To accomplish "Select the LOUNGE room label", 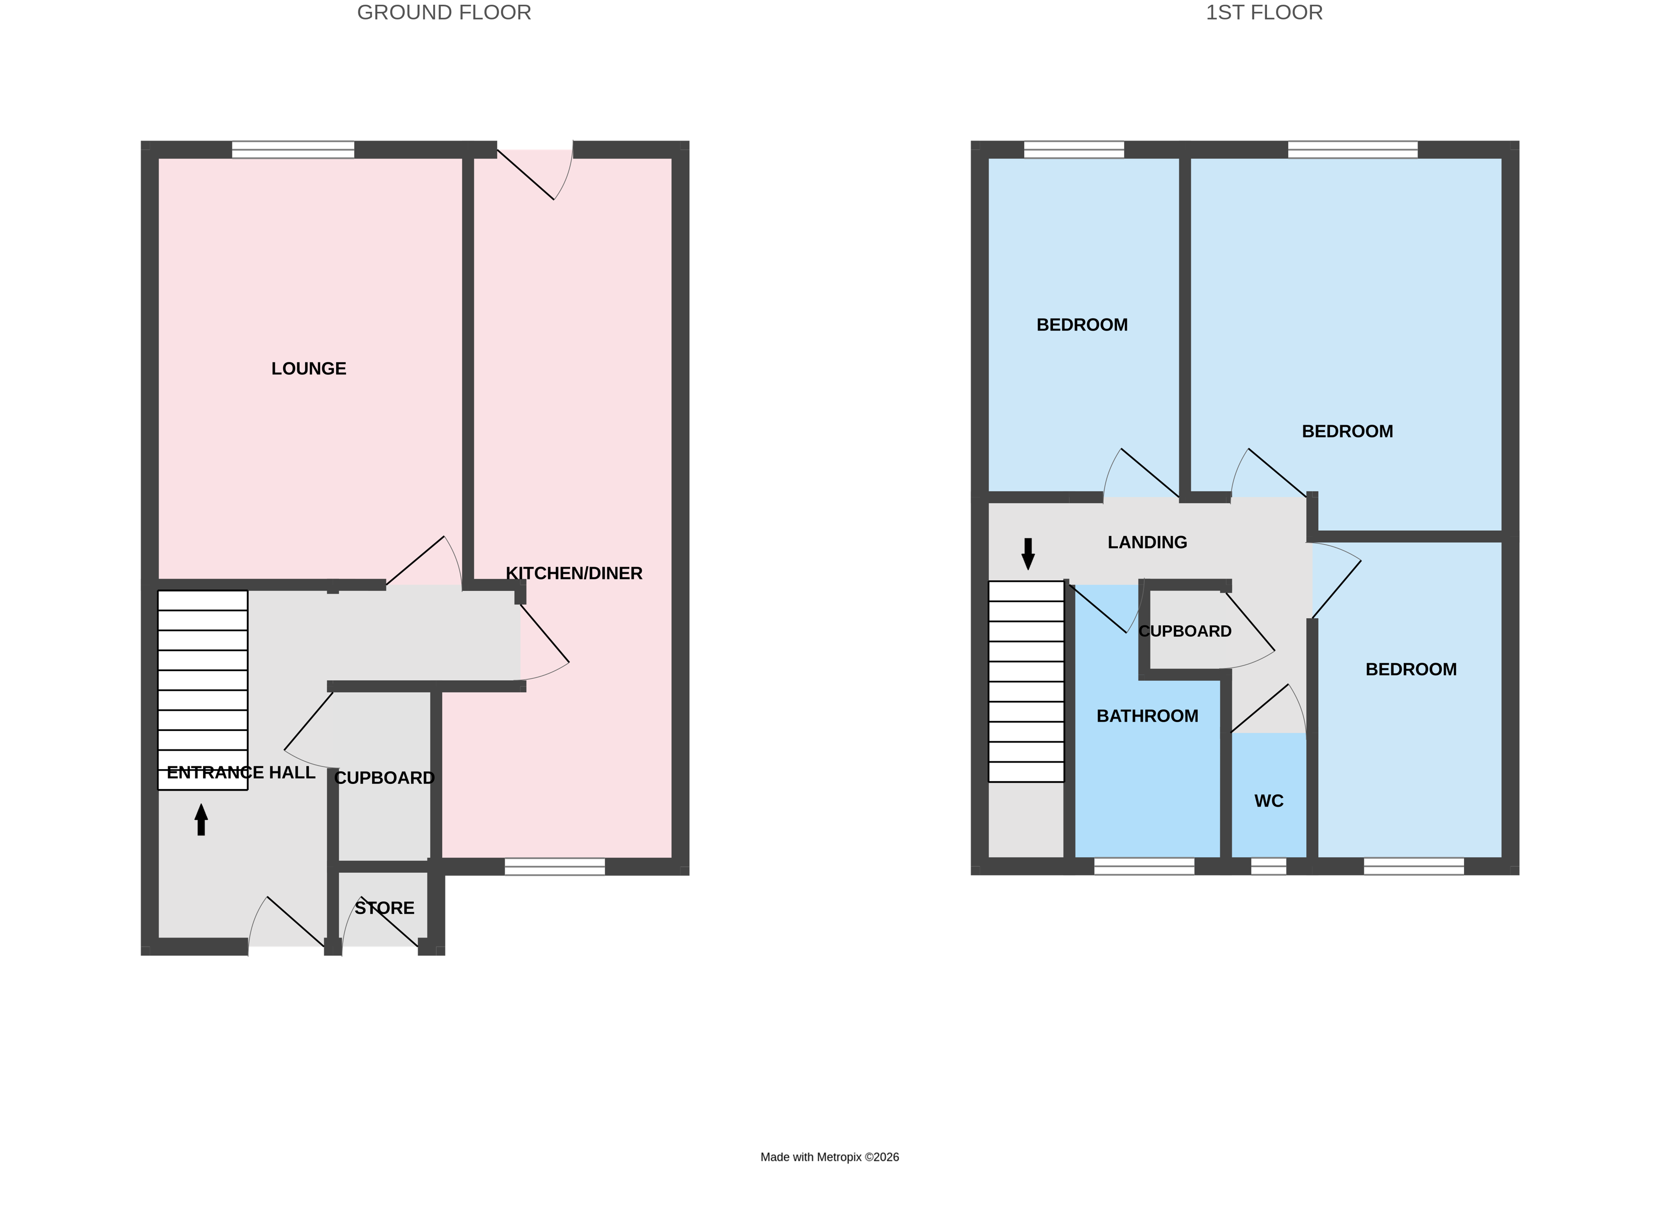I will (x=308, y=368).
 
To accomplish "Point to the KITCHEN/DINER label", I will (x=573, y=573).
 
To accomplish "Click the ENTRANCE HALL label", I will (x=241, y=772).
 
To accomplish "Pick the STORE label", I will (x=384, y=908).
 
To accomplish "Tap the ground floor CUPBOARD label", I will (x=384, y=777).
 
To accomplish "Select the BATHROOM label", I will (x=1147, y=716).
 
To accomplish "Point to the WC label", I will (x=1268, y=800).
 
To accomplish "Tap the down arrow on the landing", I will (x=1028, y=553).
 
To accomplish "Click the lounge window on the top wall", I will (x=293, y=149).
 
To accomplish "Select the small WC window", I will (x=1268, y=866).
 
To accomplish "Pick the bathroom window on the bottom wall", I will (x=1143, y=866).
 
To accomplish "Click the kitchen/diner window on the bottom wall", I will (x=554, y=866).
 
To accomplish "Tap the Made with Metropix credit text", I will (x=829, y=1157).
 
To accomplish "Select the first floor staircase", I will (x=1026, y=681).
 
